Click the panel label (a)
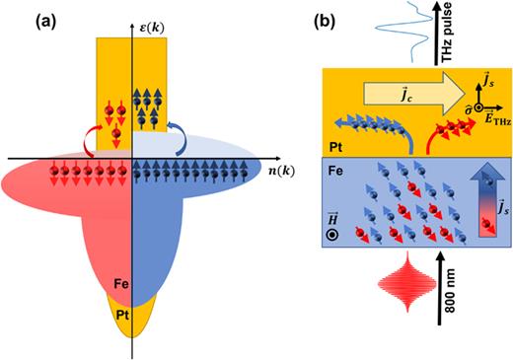(x=25, y=18)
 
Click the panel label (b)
(x=305, y=18)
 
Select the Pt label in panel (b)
(x=336, y=144)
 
